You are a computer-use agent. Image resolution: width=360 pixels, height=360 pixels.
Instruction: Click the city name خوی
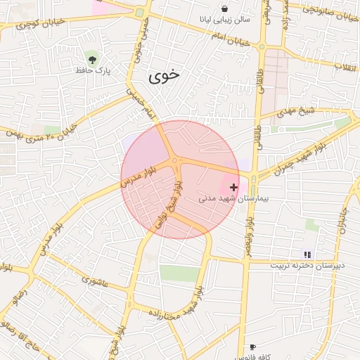click(x=165, y=76)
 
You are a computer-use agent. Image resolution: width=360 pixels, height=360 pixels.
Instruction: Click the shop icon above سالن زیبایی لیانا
click(x=224, y=9)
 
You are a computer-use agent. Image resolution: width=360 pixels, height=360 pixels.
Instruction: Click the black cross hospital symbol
click(x=233, y=187)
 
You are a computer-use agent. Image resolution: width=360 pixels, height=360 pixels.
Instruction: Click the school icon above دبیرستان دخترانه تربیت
click(x=307, y=254)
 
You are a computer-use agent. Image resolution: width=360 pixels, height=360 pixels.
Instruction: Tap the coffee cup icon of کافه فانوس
click(x=252, y=347)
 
